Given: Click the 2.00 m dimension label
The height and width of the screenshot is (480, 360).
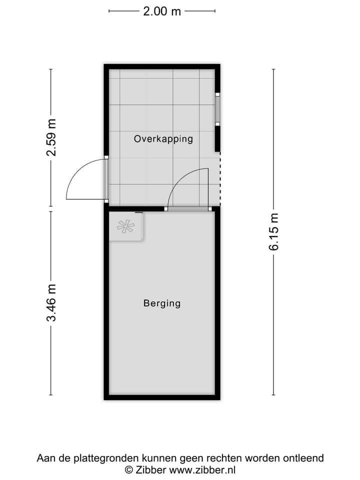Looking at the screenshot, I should (162, 11).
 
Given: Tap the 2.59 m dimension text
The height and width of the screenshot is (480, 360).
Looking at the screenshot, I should (51, 137).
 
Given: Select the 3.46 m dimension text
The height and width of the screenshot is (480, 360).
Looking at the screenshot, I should (51, 303).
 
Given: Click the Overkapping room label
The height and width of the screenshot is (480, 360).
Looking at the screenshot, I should (163, 139).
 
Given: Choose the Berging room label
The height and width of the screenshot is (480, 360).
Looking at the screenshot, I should (161, 303).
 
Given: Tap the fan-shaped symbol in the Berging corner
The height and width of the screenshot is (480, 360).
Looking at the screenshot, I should (125, 226).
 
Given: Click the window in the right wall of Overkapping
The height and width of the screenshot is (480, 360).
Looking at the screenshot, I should (217, 109).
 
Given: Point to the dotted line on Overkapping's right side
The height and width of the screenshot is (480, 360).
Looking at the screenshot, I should (220, 180).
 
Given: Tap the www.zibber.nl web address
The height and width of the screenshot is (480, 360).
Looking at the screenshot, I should (202, 469).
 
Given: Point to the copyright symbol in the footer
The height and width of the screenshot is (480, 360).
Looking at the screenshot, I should (128, 469).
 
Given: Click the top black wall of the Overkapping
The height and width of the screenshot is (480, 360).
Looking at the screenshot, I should (162, 66).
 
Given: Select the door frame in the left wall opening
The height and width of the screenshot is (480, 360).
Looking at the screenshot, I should (106, 179).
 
